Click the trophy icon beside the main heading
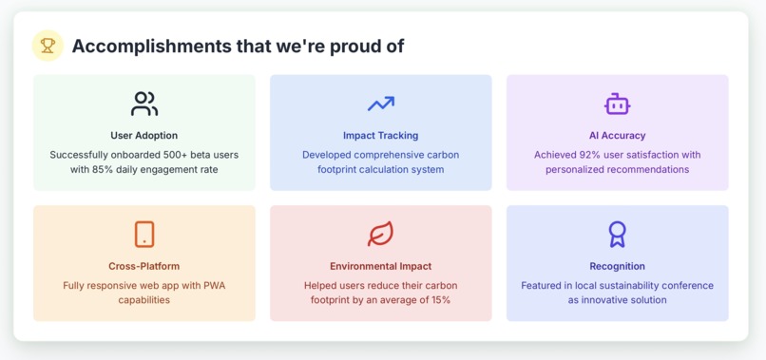[48, 46]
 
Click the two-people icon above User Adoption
[144, 104]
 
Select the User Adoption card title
[144, 135]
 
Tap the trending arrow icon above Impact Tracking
[381, 104]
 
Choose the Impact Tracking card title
[380, 135]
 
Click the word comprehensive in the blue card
[405, 154]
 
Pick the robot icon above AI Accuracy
[618, 104]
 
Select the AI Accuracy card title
[617, 135]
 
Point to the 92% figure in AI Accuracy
[591, 154]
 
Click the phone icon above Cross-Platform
[144, 234]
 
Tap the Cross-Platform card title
[144, 266]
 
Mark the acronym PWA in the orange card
[213, 285]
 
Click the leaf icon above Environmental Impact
[381, 234]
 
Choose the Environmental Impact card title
[380, 266]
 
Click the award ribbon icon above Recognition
[618, 234]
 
